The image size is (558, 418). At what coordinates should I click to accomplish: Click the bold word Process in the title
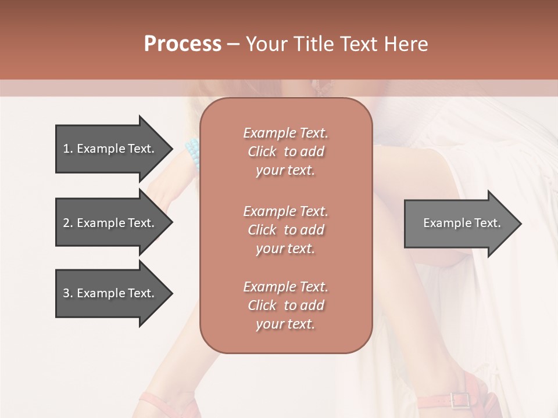tap(183, 44)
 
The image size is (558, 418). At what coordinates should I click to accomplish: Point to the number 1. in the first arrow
tap(67, 149)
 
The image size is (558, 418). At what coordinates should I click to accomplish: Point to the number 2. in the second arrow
tap(67, 223)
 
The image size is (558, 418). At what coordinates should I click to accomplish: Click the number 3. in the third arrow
tap(67, 293)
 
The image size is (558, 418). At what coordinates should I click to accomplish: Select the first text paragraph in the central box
tap(285, 152)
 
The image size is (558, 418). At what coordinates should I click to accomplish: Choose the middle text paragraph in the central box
tap(285, 230)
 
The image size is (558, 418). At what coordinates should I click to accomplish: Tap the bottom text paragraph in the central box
tap(285, 305)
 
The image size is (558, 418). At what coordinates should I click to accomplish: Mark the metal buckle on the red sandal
tap(460, 400)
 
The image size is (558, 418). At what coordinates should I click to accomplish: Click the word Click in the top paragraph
tap(262, 152)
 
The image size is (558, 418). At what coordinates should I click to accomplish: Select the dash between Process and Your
tap(233, 44)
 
